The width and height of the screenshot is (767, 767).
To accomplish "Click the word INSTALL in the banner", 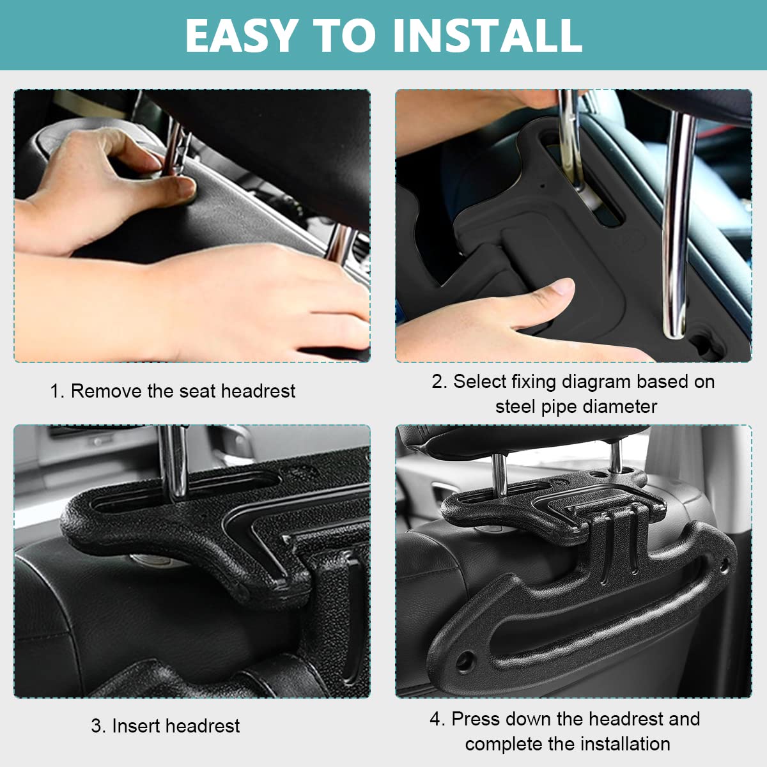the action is (x=488, y=35).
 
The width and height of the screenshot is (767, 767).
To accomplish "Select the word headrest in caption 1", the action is (x=258, y=391).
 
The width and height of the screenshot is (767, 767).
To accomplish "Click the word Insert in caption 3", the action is (x=136, y=726).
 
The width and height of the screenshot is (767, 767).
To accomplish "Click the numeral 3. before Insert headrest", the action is (x=98, y=726).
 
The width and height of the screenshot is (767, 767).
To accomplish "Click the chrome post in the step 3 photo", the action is (x=173, y=461).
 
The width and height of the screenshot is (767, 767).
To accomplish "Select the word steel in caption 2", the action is (x=515, y=407).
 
